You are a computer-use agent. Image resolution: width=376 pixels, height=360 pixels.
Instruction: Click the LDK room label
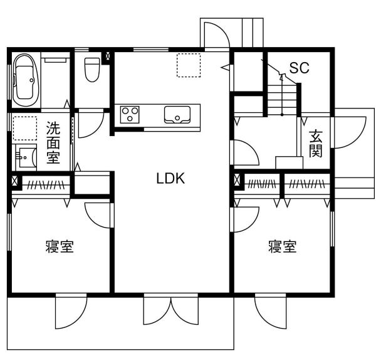(x=170, y=178)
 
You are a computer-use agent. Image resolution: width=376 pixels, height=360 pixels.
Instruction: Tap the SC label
(x=299, y=68)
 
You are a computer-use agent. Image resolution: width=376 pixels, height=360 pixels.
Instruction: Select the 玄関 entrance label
(x=315, y=144)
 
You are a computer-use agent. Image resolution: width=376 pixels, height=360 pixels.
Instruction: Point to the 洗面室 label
(x=53, y=142)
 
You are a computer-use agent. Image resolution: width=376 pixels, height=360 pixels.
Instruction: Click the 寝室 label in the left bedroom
(x=60, y=246)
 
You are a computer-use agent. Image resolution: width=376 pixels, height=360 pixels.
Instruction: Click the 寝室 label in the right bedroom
(x=283, y=246)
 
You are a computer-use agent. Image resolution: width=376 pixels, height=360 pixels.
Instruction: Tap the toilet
(x=92, y=70)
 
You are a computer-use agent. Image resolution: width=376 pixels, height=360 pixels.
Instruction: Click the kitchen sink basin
(x=177, y=115)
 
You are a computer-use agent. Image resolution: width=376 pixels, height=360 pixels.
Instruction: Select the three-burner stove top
(x=130, y=115)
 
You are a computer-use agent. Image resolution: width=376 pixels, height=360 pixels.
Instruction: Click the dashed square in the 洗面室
(x=25, y=128)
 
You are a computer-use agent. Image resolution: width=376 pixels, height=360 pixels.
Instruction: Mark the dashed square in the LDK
(x=189, y=65)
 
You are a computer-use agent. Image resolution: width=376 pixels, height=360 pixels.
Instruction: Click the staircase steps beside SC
(x=282, y=99)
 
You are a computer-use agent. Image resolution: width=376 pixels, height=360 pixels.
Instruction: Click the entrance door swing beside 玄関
(x=348, y=132)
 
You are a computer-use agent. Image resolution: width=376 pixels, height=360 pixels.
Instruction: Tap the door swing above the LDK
(x=217, y=35)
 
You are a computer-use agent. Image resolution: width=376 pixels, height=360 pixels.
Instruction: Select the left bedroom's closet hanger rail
(x=46, y=184)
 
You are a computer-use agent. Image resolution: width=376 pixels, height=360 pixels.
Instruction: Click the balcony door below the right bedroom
(x=271, y=311)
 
